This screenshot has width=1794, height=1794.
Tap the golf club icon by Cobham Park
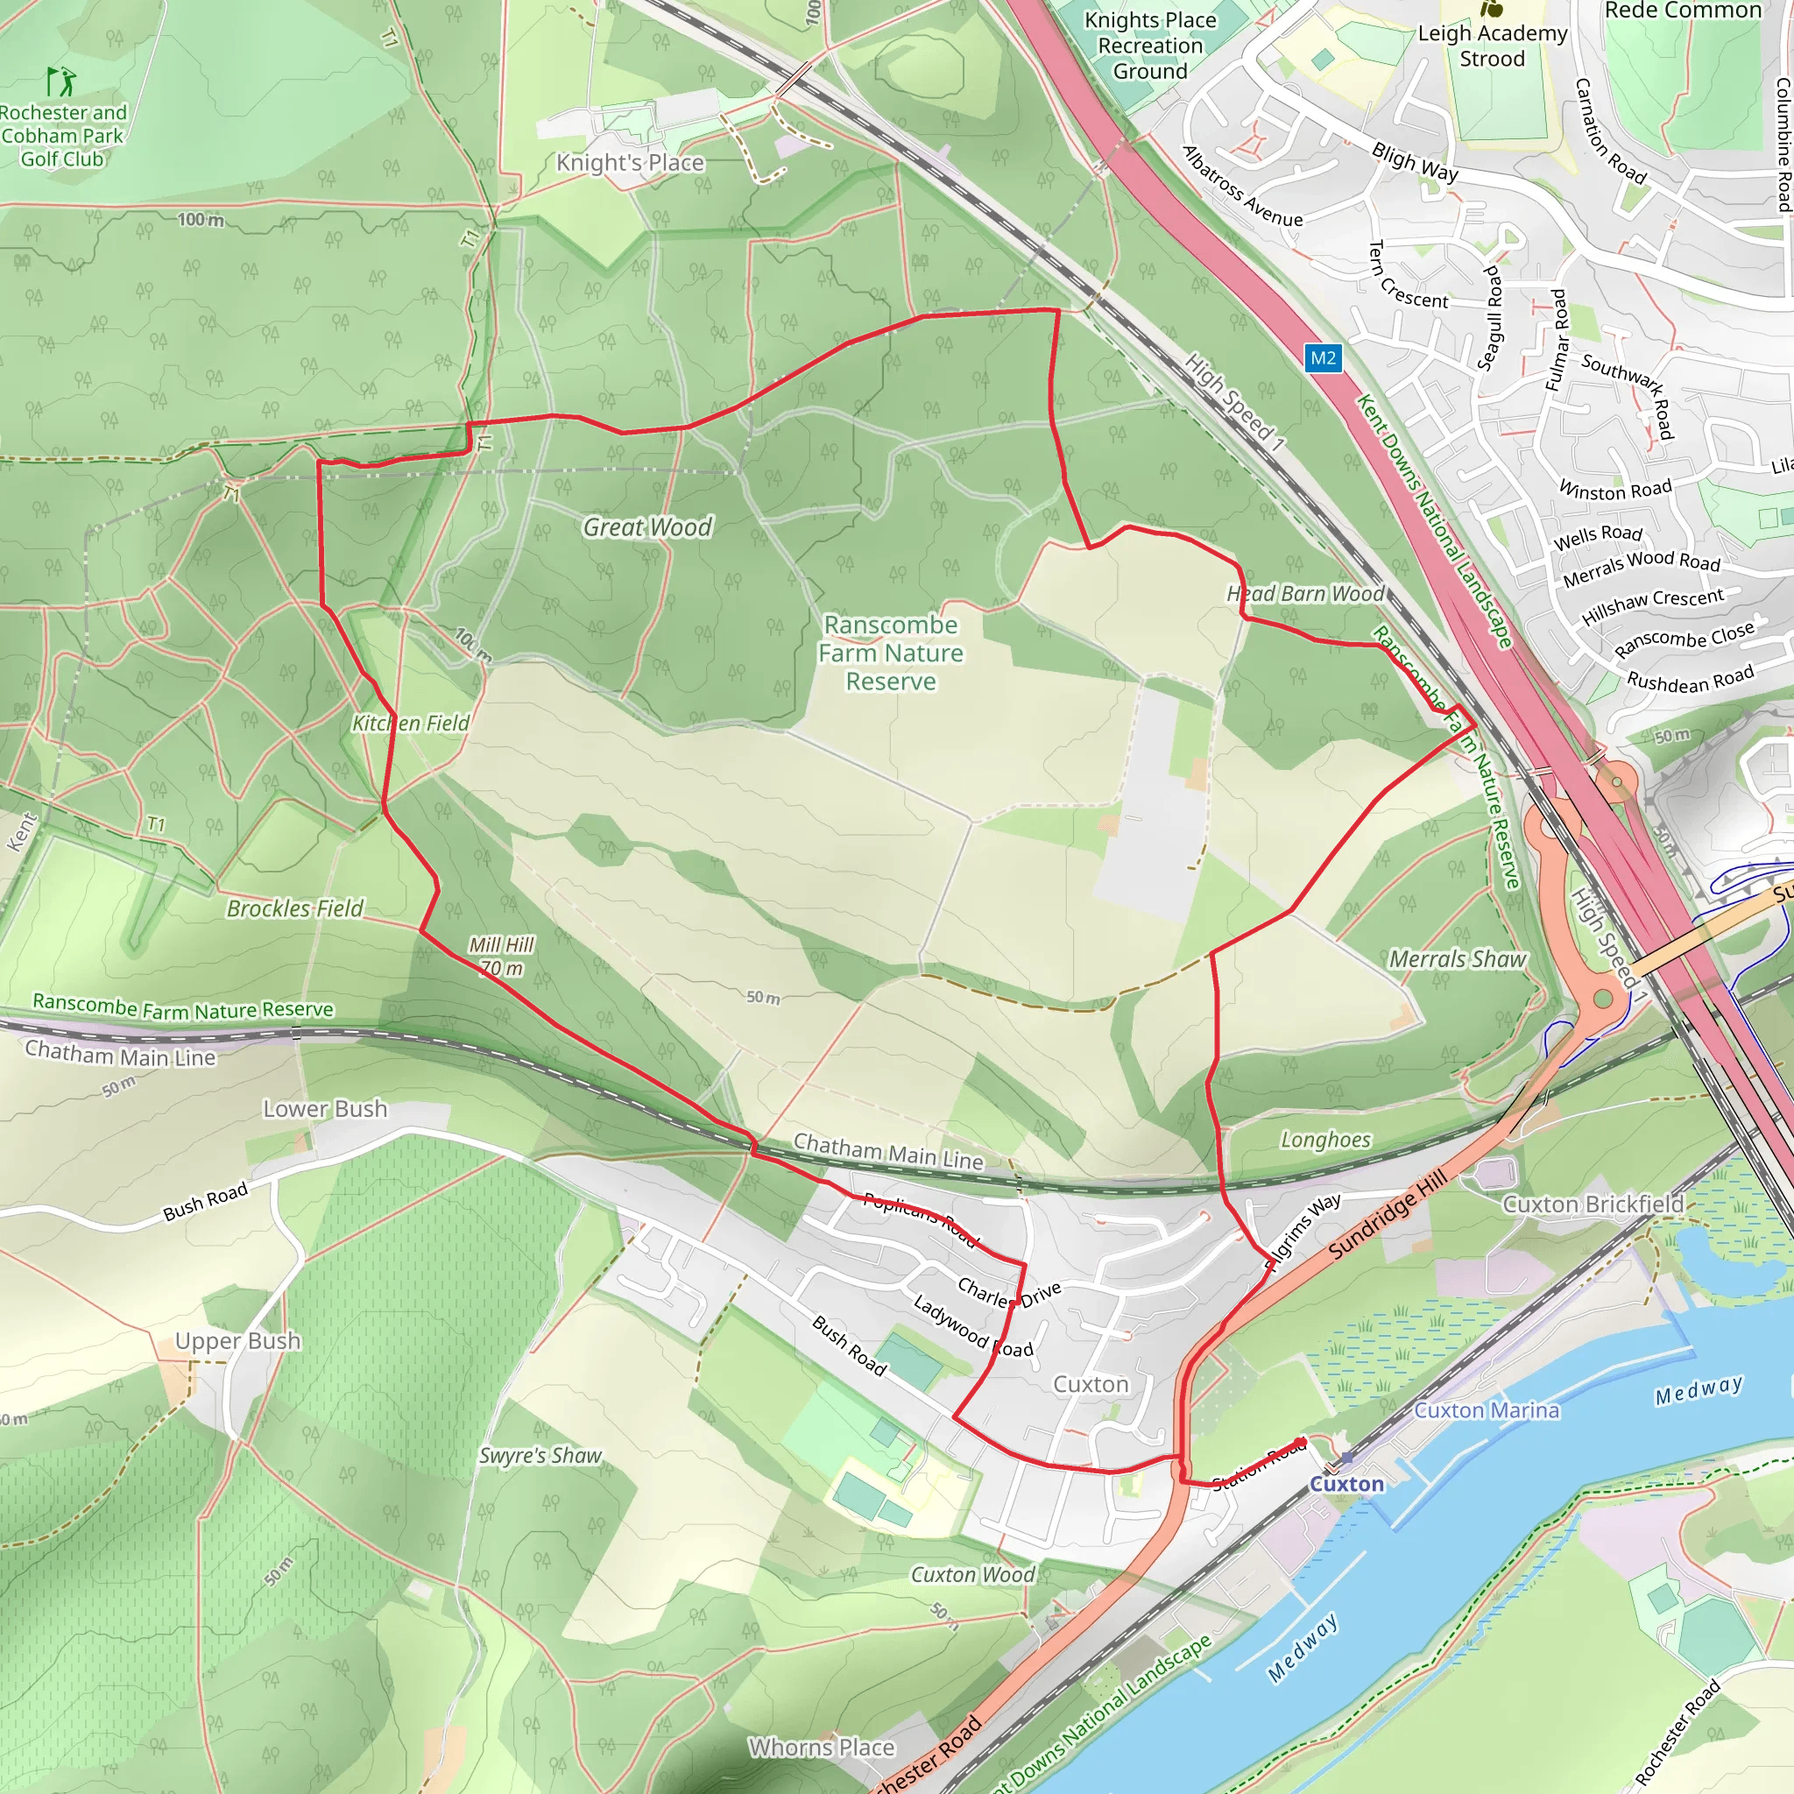tap(62, 81)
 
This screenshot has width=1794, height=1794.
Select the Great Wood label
tap(647, 527)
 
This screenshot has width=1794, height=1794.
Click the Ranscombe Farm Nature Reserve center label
tap(891, 653)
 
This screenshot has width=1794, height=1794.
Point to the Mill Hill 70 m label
tap(501, 956)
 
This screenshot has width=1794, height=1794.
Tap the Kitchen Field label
tap(411, 724)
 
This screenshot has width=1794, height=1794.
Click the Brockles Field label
tap(295, 908)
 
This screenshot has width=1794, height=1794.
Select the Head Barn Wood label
tap(1304, 593)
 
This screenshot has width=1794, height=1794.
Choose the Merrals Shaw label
tap(1457, 959)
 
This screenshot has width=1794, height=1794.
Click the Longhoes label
tap(1325, 1140)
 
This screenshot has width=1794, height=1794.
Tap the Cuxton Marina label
tap(1486, 1409)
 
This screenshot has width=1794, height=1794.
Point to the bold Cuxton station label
tap(1346, 1484)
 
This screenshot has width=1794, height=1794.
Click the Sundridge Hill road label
tap(1388, 1215)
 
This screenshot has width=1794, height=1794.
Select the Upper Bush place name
tap(237, 1341)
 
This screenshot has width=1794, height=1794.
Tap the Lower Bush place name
tap(325, 1109)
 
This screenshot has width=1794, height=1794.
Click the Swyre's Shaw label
tap(540, 1455)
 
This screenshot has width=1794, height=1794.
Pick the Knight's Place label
tap(630, 163)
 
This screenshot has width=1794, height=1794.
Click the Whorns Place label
tap(822, 1748)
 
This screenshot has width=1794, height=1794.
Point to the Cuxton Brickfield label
tap(1593, 1204)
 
